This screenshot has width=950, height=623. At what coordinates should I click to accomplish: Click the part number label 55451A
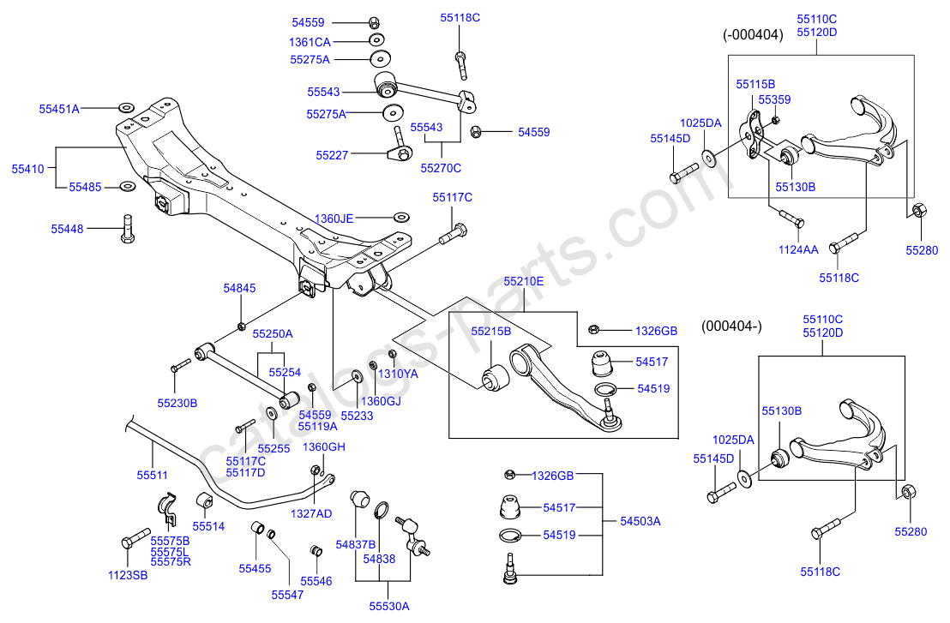(x=58, y=109)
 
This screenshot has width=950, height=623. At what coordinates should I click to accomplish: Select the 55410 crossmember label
(x=27, y=170)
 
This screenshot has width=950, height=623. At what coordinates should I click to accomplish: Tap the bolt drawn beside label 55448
(x=128, y=229)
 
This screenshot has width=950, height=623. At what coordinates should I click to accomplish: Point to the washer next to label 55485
(x=126, y=186)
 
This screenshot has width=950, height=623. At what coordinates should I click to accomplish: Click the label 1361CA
(x=310, y=41)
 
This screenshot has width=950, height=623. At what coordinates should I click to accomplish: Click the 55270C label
(x=440, y=168)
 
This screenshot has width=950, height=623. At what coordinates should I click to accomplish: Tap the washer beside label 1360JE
(x=400, y=218)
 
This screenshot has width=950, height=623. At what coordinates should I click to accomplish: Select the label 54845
(x=239, y=289)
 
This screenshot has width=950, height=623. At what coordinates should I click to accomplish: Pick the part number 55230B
(x=177, y=402)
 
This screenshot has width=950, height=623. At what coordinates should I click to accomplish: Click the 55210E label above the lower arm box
(x=523, y=280)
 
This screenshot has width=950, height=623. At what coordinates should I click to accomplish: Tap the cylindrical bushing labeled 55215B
(x=493, y=377)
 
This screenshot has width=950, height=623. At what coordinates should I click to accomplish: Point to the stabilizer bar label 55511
(x=153, y=474)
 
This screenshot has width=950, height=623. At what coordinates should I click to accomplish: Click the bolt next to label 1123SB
(x=128, y=542)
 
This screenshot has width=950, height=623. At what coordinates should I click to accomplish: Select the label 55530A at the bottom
(x=389, y=605)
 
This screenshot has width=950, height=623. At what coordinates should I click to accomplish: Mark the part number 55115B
(x=755, y=84)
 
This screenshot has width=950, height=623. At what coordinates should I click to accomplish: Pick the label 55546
(x=315, y=581)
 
